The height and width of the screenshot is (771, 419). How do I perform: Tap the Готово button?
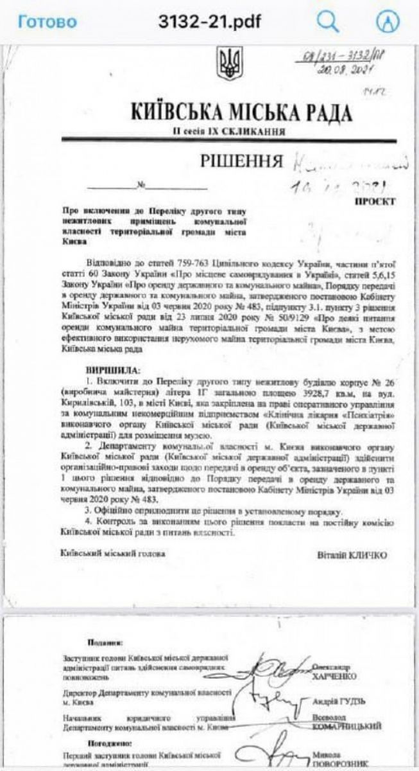pyautogui.click(x=47, y=22)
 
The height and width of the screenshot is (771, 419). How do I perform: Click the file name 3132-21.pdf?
pyautogui.click(x=210, y=22)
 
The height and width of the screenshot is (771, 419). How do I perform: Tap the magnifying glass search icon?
pyautogui.click(x=328, y=22)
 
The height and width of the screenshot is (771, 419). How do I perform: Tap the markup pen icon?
pyautogui.click(x=387, y=22)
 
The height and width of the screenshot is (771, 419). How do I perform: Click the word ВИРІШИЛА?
pyautogui.click(x=116, y=371)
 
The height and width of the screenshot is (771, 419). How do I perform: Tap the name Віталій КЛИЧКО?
pyautogui.click(x=352, y=554)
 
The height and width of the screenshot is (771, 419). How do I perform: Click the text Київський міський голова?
pyautogui.click(x=113, y=553)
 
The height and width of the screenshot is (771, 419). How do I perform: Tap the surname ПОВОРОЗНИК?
pyautogui.click(x=345, y=764)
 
